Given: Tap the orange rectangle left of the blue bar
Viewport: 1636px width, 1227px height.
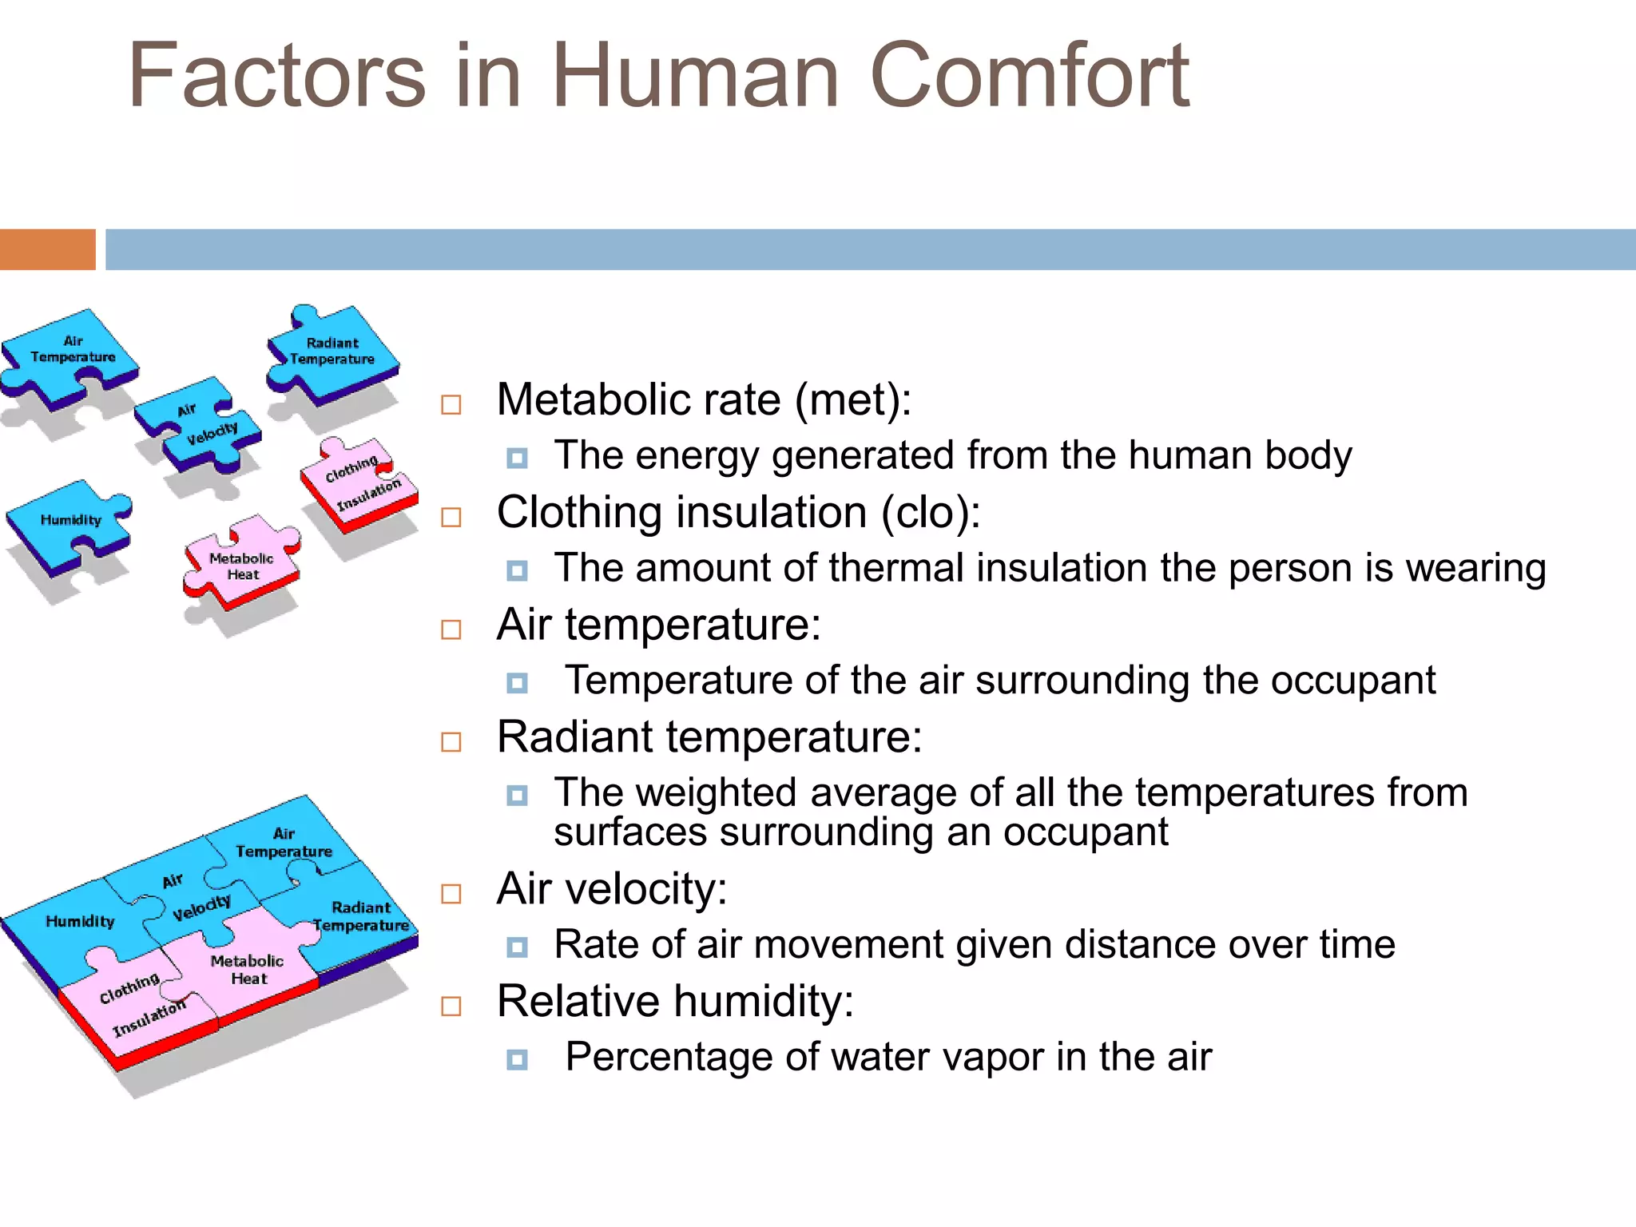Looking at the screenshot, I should click(47, 249).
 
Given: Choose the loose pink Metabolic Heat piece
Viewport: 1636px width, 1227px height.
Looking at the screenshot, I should click(241, 566).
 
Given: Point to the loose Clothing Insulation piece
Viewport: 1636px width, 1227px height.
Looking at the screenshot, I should click(359, 484).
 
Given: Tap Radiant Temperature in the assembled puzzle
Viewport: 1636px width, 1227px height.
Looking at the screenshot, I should click(361, 917).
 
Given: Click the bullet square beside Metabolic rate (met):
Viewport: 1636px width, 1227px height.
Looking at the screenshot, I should click(451, 404).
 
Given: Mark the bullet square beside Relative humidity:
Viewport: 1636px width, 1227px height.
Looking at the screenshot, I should click(451, 1006).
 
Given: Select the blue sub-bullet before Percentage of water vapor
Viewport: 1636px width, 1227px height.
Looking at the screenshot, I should click(518, 1060).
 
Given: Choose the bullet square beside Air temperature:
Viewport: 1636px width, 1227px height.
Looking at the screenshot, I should click(451, 629).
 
